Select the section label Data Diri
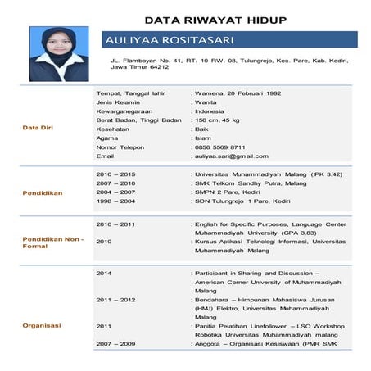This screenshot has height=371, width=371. click(38, 128)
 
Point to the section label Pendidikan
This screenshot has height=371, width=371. click(43, 194)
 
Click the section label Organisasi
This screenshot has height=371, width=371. click(41, 325)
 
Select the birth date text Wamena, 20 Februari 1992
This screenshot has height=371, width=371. click(238, 93)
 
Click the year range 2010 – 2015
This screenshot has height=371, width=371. click(116, 174)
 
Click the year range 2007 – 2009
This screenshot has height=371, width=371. click(116, 343)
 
